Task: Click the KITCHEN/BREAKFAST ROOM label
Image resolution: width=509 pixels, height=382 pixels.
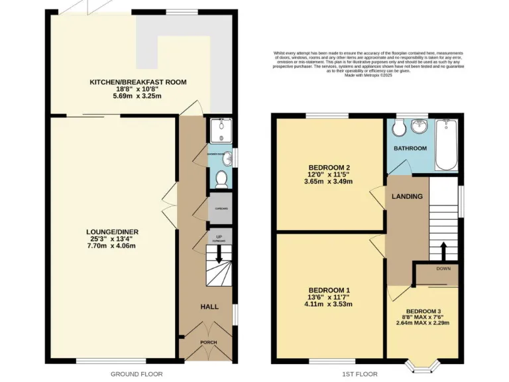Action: pos(139,82)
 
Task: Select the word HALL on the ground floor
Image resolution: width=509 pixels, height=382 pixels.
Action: pos(209,306)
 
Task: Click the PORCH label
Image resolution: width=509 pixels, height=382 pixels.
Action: pos(209,342)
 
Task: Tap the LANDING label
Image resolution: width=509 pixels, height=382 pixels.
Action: pos(403,196)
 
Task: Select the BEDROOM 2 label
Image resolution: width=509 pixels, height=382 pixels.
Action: pos(329,166)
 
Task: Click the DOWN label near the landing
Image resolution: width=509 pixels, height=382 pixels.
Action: pos(443,269)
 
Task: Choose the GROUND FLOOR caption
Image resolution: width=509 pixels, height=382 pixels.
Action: pos(136,374)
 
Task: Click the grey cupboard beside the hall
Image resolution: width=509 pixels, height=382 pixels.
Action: pos(219,208)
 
